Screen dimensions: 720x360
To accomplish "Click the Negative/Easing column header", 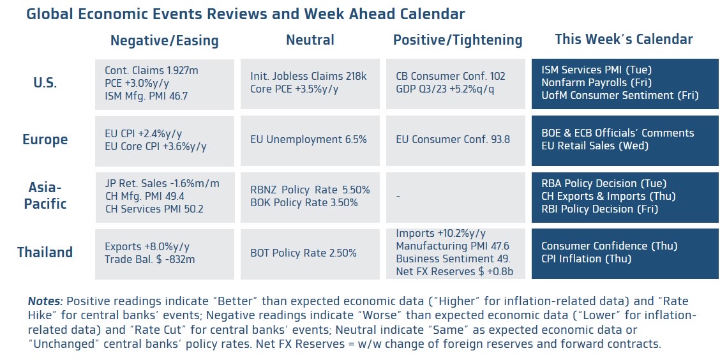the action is [x=165, y=40].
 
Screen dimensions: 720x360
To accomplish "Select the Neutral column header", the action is [x=310, y=40].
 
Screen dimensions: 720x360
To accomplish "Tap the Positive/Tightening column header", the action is [x=458, y=40].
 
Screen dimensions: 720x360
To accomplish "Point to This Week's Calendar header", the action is [x=624, y=40].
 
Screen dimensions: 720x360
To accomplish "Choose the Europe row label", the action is [x=45, y=139].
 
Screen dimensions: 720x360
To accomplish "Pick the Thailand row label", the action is [x=45, y=252].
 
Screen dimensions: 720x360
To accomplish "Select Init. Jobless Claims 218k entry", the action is [x=308, y=76].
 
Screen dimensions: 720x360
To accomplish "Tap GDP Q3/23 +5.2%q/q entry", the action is [x=445, y=89].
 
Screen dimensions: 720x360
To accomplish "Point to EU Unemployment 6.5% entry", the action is [x=308, y=140].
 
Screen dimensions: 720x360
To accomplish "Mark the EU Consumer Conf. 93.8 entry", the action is [x=453, y=140].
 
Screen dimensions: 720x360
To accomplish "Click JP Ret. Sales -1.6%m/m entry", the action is [x=162, y=184].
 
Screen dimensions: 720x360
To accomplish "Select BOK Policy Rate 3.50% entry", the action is [x=304, y=202].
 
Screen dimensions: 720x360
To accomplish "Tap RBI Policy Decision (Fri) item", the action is [x=600, y=209].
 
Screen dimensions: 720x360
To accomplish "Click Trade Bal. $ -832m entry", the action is [x=150, y=259].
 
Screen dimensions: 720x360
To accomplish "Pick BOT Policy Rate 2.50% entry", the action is [x=303, y=253].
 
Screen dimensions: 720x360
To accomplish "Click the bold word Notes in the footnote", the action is [x=45, y=302].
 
